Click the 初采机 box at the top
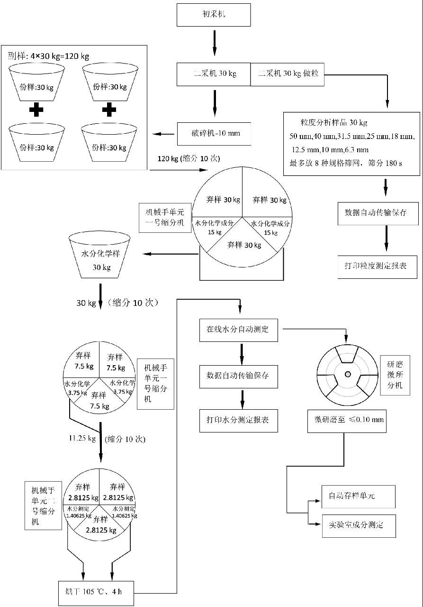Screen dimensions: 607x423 point(213,15)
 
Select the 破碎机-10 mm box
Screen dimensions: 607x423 point(214,134)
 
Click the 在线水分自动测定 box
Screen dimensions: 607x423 point(238,330)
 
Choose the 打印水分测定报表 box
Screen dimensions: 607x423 point(238,420)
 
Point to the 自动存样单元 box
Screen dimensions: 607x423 point(358,497)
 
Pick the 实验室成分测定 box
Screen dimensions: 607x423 point(358,525)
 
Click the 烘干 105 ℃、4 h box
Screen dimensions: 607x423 point(96,593)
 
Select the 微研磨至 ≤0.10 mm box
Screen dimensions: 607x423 point(347,421)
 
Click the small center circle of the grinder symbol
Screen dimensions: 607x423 point(348,374)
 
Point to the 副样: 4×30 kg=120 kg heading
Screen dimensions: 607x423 point(48,56)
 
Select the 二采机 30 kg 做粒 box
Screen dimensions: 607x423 point(287,74)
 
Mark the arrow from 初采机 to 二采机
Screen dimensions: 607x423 point(214,45)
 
